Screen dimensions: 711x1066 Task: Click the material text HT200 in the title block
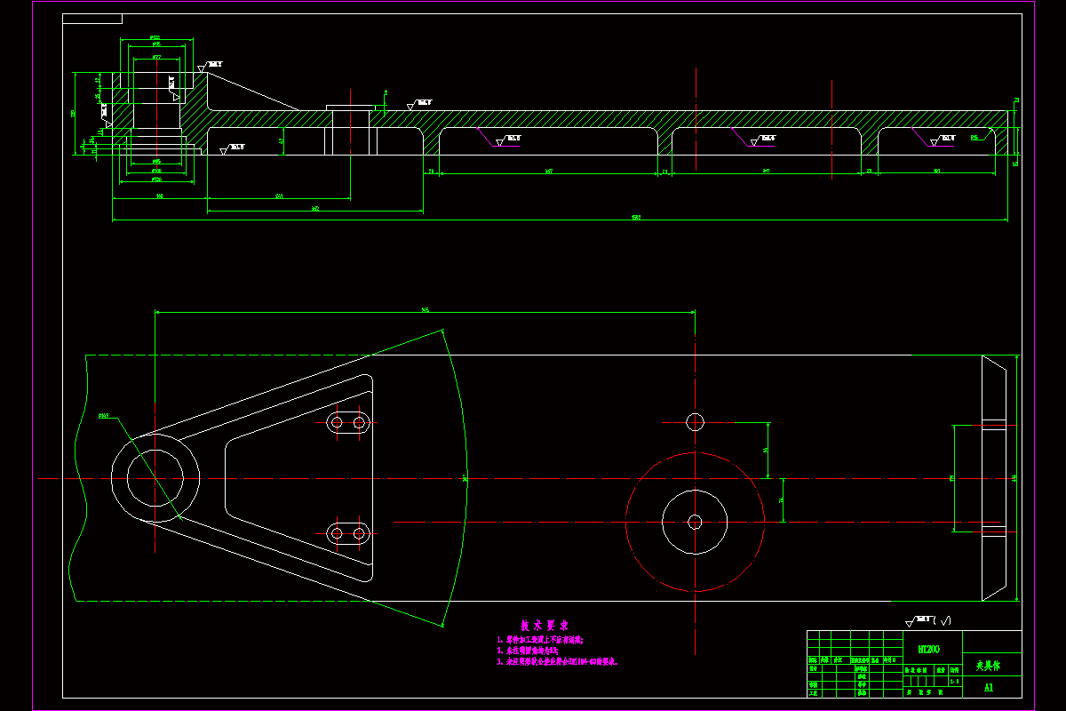(x=927, y=650)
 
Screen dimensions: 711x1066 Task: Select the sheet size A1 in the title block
(x=989, y=687)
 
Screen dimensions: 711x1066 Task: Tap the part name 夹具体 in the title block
(x=988, y=664)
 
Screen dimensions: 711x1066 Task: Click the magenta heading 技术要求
(x=545, y=625)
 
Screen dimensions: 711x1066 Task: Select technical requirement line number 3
(x=557, y=662)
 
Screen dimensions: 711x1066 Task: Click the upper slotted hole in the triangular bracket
(x=348, y=422)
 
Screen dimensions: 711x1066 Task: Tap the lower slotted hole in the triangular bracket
(x=348, y=533)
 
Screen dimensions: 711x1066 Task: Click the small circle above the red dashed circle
(x=695, y=420)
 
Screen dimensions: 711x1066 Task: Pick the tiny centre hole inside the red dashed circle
(x=695, y=522)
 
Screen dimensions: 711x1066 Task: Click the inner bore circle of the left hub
(x=155, y=478)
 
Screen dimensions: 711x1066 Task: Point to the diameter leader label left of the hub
(x=103, y=415)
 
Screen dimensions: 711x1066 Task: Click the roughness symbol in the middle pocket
(x=762, y=140)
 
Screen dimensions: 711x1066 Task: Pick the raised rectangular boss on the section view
(x=351, y=108)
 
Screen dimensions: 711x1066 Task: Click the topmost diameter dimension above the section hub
(x=155, y=36)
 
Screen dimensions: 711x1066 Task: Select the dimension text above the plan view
(x=425, y=309)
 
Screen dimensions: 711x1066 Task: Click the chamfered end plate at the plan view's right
(x=994, y=478)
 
